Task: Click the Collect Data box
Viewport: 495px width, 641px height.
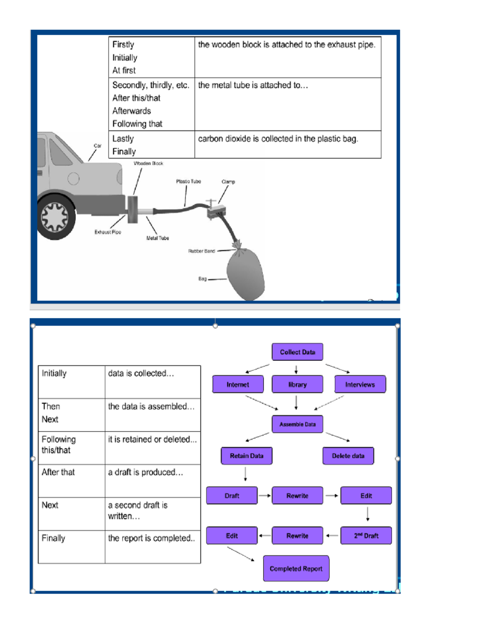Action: [x=297, y=352]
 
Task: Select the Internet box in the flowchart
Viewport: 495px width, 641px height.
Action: [x=238, y=384]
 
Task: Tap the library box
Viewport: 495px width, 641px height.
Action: [x=297, y=384]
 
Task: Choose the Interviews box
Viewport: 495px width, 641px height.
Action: [x=360, y=384]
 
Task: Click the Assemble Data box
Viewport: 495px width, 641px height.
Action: [x=297, y=424]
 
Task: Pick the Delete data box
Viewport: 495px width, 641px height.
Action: [x=348, y=456]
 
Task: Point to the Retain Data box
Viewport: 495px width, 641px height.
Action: [x=246, y=456]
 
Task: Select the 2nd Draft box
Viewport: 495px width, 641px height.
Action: [x=366, y=536]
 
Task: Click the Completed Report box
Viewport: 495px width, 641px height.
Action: [x=296, y=568]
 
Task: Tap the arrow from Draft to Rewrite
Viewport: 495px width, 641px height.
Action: [x=264, y=495]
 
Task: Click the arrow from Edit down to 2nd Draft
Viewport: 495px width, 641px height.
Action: [x=368, y=514]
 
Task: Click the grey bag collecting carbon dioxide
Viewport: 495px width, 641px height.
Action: [x=246, y=273]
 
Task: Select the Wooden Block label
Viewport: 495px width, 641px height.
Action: [x=148, y=163]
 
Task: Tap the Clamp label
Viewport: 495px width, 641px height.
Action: [x=228, y=182]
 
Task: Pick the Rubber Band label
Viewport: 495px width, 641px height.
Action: [x=201, y=251]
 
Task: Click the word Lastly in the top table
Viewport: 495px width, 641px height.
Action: [x=123, y=139]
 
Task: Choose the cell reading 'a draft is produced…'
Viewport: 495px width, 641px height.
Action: [x=145, y=472]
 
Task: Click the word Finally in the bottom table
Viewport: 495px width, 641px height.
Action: [x=53, y=538]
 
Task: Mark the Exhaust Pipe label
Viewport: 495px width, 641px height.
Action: [x=108, y=232]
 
